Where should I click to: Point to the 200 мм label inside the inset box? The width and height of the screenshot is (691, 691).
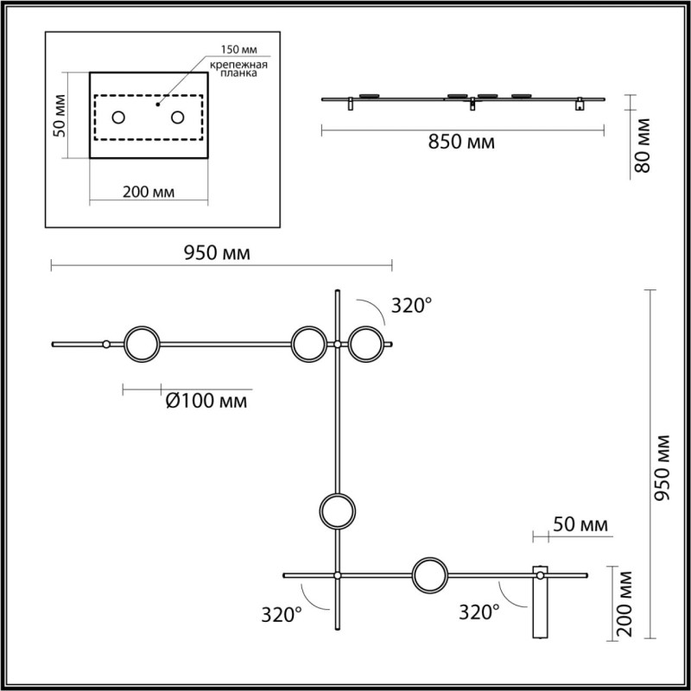point(149,192)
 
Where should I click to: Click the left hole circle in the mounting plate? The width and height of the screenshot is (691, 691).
point(118,117)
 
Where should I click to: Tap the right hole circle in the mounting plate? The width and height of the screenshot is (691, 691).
point(178,117)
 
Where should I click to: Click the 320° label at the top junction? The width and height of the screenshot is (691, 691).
point(411,305)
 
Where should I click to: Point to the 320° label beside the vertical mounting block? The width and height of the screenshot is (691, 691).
point(479,612)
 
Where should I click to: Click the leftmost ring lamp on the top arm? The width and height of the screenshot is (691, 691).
point(142,344)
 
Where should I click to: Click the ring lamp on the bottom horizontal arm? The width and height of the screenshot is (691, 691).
point(429,575)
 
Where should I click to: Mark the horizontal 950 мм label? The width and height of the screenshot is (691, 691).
point(218,253)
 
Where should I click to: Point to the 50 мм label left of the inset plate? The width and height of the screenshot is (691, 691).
point(60,116)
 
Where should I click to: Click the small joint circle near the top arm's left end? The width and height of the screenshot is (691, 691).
point(105,344)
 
